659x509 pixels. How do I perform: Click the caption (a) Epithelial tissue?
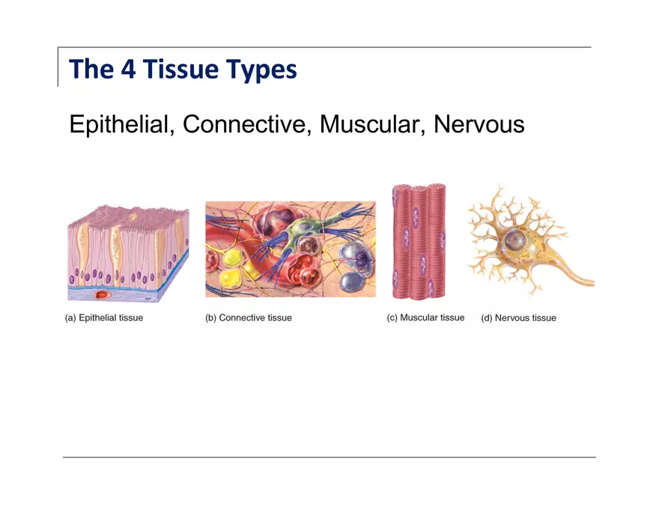[x=104, y=318]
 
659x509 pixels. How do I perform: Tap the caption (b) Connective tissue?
[x=249, y=318]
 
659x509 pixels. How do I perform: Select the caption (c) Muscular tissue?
[x=425, y=318]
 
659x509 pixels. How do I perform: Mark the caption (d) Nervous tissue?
[x=518, y=318]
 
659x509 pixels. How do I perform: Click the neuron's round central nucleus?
[x=515, y=240]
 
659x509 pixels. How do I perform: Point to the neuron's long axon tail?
[x=573, y=278]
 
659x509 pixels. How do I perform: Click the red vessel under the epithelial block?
[x=102, y=296]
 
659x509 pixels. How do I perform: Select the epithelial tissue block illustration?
[x=127, y=254]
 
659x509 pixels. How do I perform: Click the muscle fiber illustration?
[x=419, y=241]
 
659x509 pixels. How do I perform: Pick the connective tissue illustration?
[x=291, y=249]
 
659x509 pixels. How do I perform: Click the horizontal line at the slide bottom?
[x=329, y=457]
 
